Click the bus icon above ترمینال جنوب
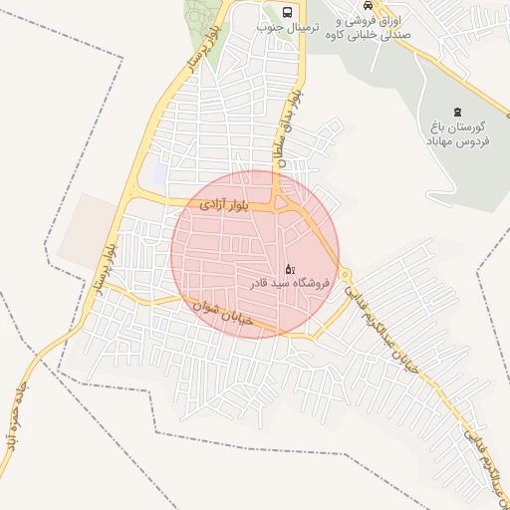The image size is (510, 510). click(288, 12)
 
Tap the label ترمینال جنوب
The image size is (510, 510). click(288, 28)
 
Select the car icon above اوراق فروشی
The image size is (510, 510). click(369, 3)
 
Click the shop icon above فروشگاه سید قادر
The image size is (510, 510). click(290, 268)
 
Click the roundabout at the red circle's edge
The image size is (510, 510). click(345, 274)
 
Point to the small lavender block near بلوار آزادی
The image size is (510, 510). click(157, 177)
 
